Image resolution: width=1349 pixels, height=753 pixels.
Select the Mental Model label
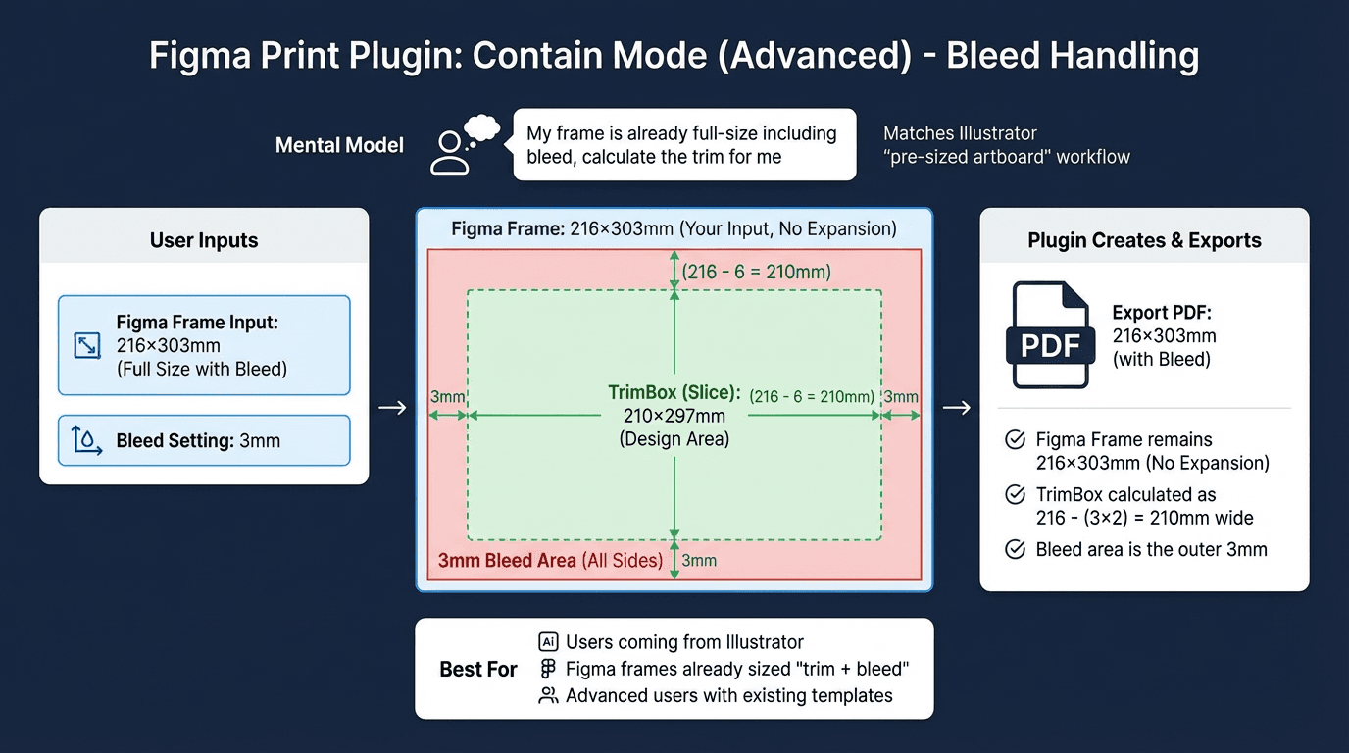coord(339,146)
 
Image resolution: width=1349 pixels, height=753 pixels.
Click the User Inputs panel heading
coord(204,240)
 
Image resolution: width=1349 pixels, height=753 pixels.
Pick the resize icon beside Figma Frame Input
coord(87,345)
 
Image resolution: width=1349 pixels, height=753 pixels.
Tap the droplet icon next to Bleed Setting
coord(87,440)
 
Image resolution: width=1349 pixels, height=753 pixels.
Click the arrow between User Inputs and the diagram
coord(392,408)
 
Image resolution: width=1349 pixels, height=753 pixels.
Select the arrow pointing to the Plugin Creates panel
coord(956,408)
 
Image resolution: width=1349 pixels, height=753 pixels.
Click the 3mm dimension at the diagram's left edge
coord(447,397)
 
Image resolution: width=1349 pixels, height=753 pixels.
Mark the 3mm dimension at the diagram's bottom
coord(699,561)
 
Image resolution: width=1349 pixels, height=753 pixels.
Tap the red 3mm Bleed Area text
coord(507,561)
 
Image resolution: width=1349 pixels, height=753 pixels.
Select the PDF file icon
coord(1050,335)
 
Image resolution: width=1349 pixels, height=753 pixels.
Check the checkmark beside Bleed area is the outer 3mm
coord(1016,550)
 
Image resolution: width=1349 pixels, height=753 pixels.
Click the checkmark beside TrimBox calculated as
coord(1016,495)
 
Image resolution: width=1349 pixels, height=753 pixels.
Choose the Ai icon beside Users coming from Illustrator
coord(548,642)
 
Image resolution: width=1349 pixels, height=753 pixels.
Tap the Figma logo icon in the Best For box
coord(548,669)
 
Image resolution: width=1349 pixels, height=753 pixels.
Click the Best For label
coord(478,670)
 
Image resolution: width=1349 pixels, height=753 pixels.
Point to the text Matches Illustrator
coord(960,133)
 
